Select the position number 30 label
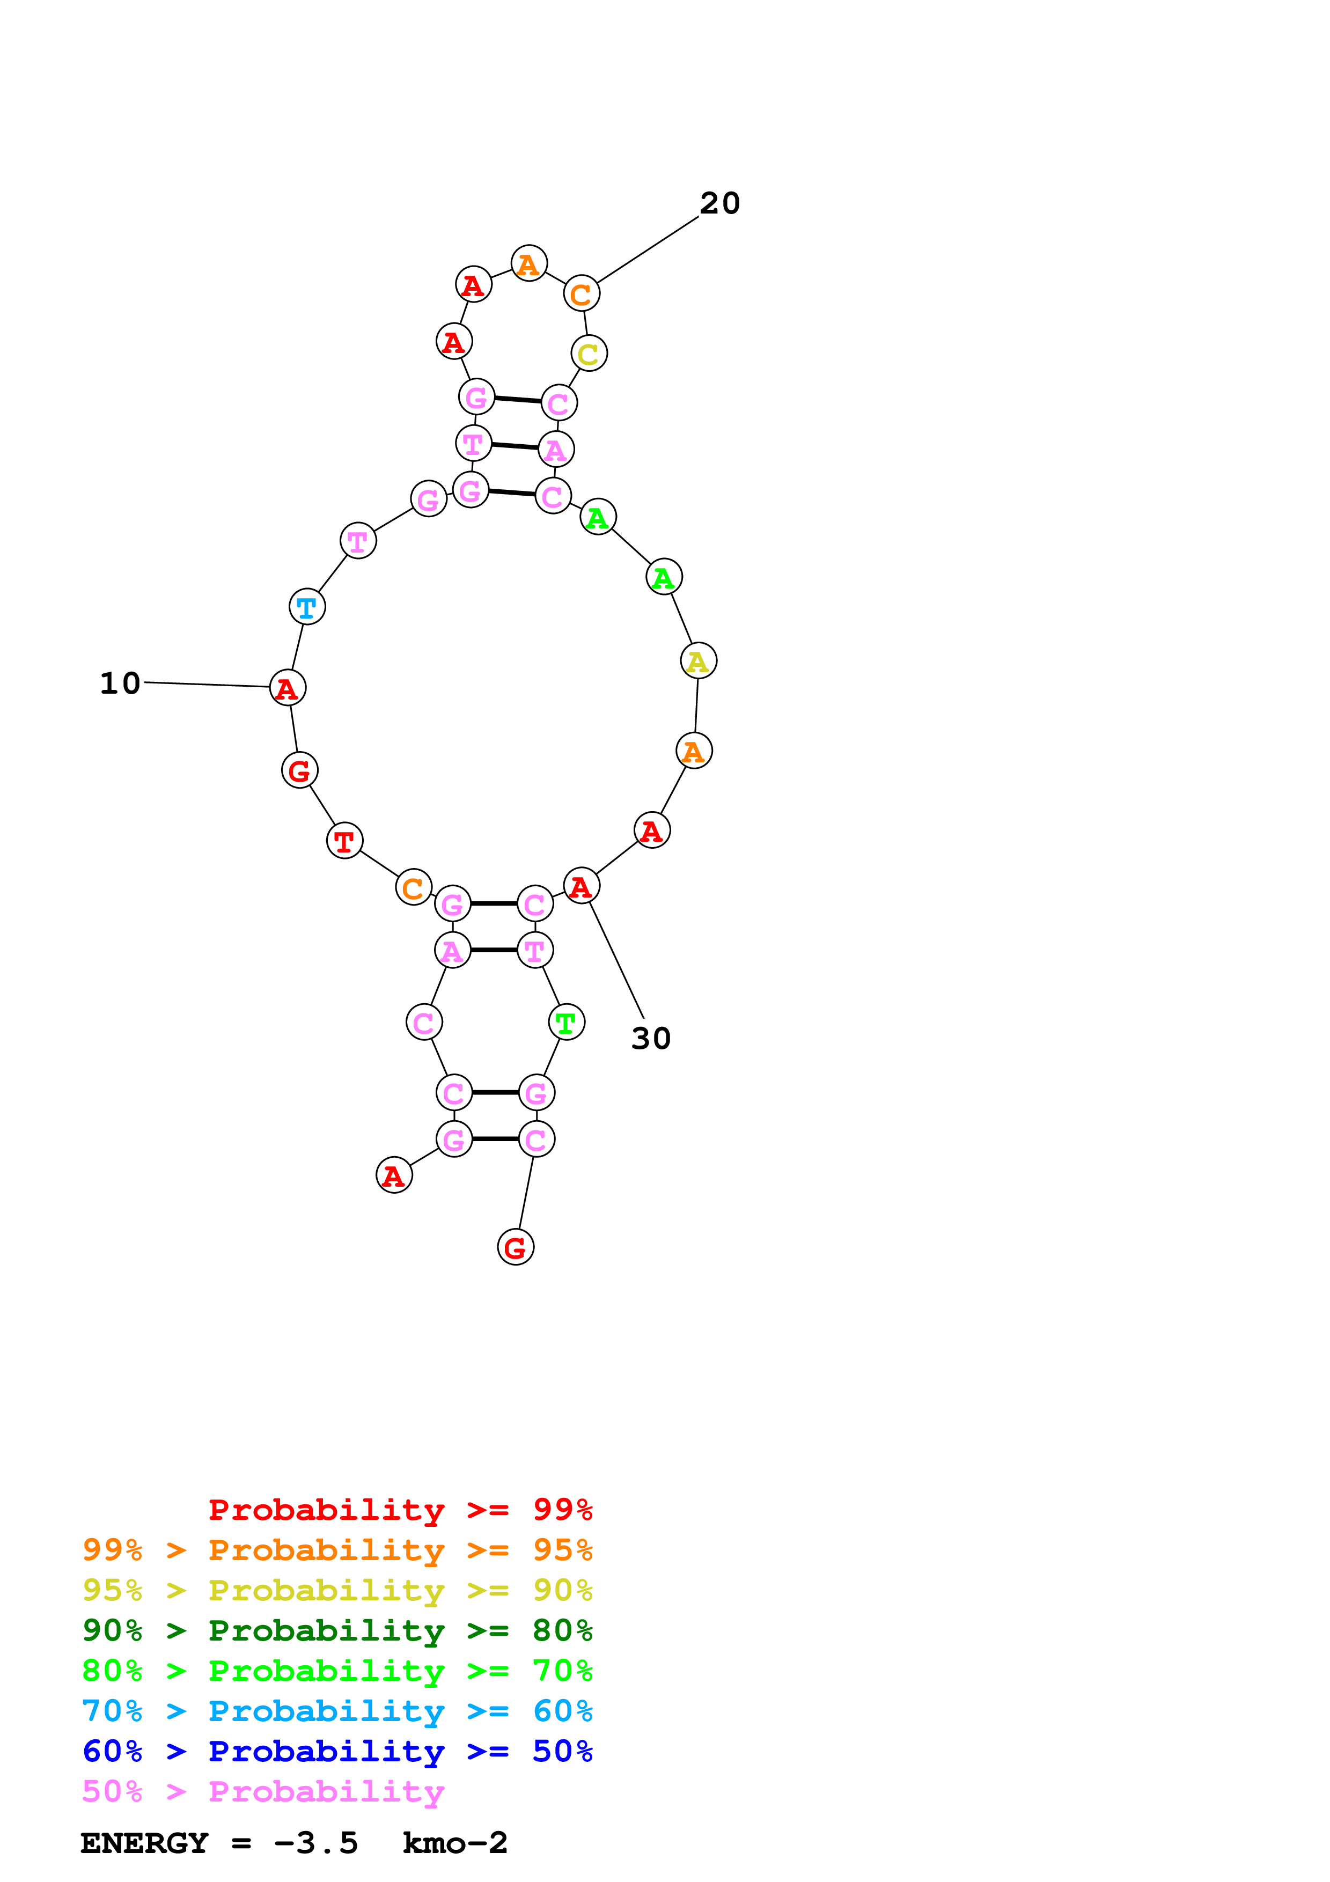[x=651, y=1039]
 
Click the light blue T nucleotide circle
[x=307, y=607]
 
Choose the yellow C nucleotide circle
[x=589, y=354]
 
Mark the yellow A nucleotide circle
[x=698, y=660]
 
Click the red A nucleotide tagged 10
[x=288, y=688]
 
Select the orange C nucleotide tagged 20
[x=581, y=293]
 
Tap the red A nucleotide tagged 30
[x=581, y=886]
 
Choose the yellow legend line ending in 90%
[x=337, y=1590]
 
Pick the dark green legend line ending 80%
[x=337, y=1630]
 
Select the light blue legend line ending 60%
[x=337, y=1711]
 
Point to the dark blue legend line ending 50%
[x=337, y=1751]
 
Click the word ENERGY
[x=144, y=1843]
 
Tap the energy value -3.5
[x=317, y=1843]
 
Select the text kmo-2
[x=455, y=1843]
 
